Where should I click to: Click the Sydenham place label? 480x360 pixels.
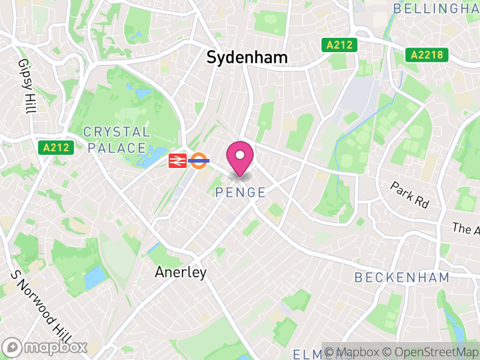click(247, 57)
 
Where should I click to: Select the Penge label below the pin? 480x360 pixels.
click(240, 193)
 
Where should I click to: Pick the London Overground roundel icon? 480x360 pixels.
click(198, 160)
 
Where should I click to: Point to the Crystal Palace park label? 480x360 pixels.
click(116, 140)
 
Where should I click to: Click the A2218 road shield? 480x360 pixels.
click(427, 55)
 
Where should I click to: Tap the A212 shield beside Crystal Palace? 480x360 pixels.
click(56, 147)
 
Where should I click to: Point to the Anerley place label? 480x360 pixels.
click(181, 272)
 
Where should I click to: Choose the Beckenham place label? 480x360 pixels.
click(402, 277)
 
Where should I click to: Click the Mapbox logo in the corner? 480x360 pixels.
click(45, 347)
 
